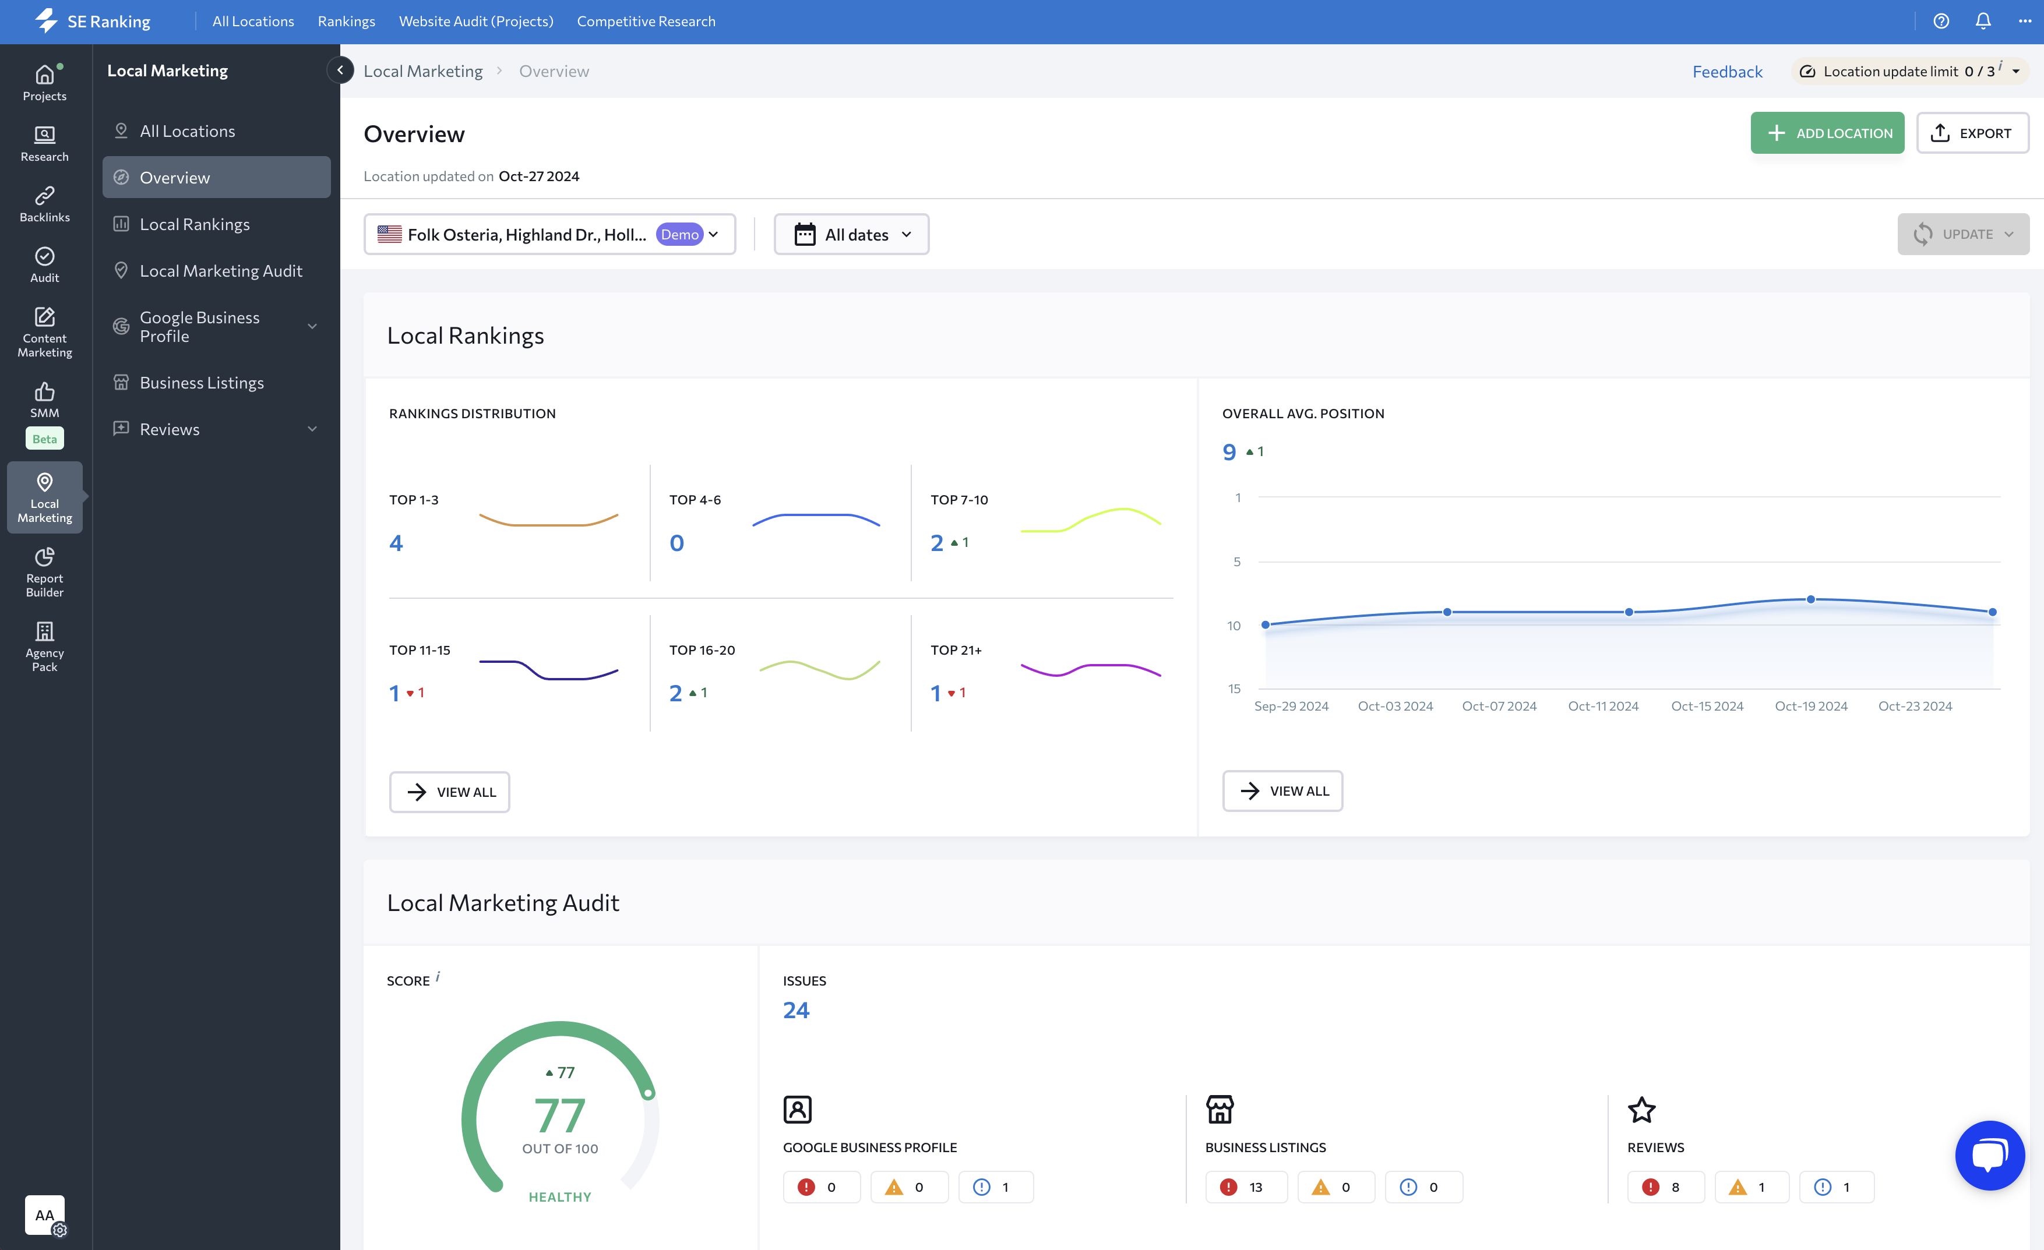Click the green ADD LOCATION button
(1827, 133)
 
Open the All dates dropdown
(851, 235)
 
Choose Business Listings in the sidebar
(202, 382)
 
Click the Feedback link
(1726, 71)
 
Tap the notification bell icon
(1983, 22)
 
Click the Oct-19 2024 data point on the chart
(1810, 599)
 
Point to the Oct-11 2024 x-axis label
(1603, 706)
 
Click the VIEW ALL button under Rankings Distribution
(450, 792)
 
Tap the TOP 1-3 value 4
(397, 543)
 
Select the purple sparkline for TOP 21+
(1090, 669)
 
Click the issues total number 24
(795, 1009)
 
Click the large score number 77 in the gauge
(560, 1115)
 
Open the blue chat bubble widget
(1989, 1154)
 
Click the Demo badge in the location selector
(679, 235)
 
